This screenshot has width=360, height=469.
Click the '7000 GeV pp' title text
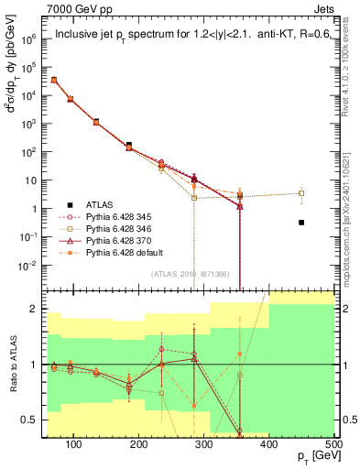(x=75, y=8)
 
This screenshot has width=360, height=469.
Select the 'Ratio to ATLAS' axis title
(x=12, y=365)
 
